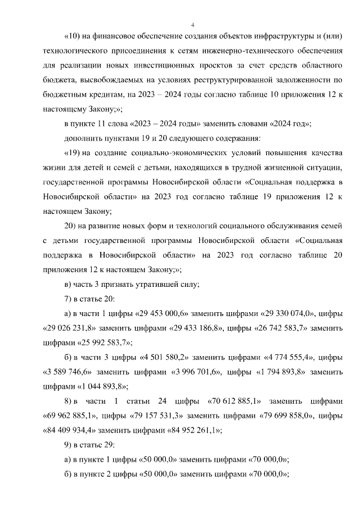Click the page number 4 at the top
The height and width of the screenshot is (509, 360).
(192, 25)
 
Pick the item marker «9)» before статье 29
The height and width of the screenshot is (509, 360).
(69, 445)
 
